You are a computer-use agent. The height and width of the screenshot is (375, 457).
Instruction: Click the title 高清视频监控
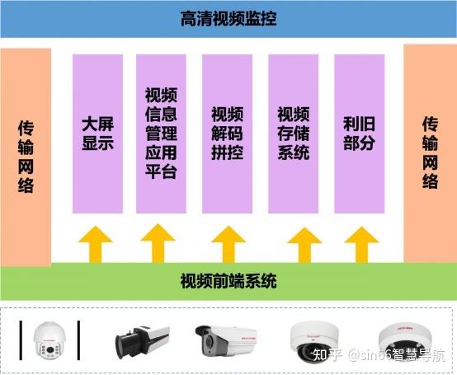tap(228, 19)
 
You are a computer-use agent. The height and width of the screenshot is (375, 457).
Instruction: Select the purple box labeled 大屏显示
tap(97, 134)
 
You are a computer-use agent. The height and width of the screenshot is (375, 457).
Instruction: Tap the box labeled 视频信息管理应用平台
tap(161, 134)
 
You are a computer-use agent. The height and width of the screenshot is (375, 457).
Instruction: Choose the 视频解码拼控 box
tap(228, 134)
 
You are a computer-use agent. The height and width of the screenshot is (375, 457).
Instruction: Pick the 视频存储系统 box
tap(293, 134)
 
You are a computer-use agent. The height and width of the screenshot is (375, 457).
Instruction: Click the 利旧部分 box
tap(360, 134)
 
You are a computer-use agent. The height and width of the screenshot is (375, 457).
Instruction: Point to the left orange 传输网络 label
tap(26, 157)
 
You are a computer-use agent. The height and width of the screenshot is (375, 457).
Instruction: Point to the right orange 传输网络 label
tap(430, 152)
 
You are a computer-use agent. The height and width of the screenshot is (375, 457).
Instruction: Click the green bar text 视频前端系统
tap(228, 281)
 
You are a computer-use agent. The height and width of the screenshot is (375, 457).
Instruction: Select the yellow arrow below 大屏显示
tap(96, 245)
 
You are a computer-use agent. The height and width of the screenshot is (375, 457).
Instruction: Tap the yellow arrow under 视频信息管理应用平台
tap(158, 243)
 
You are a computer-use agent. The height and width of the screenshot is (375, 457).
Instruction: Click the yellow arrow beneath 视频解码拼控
tap(228, 245)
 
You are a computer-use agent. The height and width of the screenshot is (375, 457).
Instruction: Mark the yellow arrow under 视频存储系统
tap(304, 245)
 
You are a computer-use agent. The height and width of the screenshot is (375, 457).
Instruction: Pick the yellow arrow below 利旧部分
tap(361, 245)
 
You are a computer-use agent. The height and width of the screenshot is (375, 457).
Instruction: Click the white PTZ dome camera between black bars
tap(49, 340)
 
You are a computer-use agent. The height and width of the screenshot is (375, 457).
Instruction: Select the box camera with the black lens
tap(143, 342)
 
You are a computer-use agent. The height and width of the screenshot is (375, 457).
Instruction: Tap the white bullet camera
tap(226, 340)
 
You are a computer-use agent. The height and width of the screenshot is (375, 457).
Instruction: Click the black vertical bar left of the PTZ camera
tap(21, 340)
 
